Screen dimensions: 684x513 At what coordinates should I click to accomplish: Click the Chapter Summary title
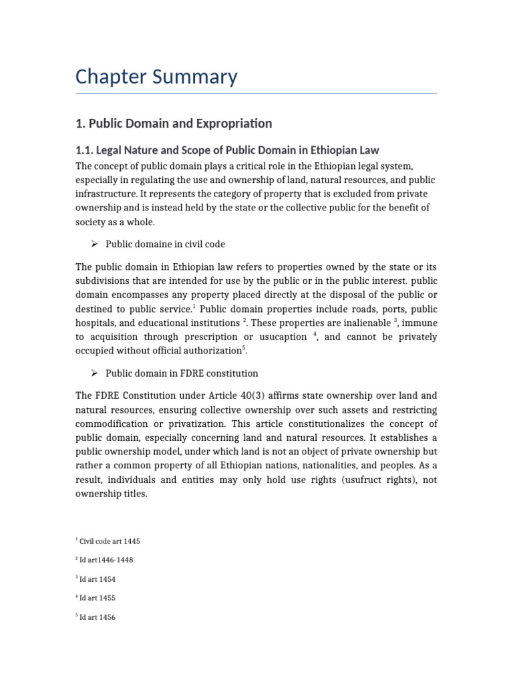(x=156, y=77)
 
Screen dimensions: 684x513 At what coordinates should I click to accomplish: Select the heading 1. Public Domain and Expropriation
(x=174, y=124)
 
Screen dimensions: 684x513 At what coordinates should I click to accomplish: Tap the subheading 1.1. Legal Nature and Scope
(x=227, y=150)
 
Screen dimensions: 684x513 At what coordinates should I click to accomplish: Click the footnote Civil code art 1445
(x=110, y=541)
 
